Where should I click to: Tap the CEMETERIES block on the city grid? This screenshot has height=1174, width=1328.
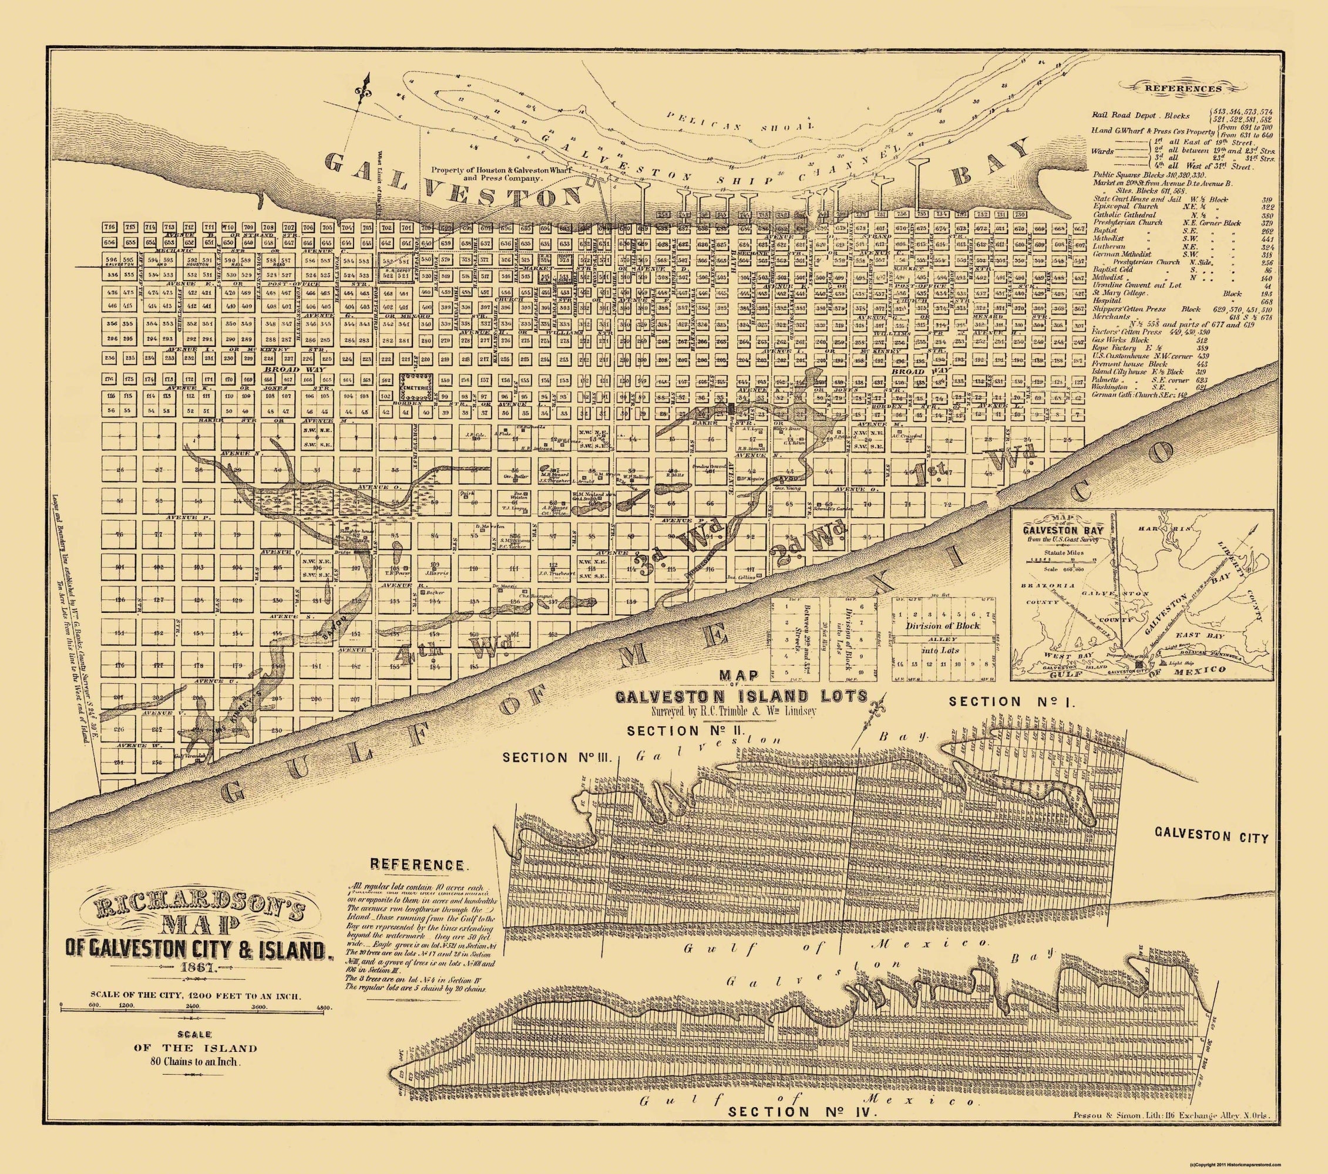pyautogui.click(x=416, y=385)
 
